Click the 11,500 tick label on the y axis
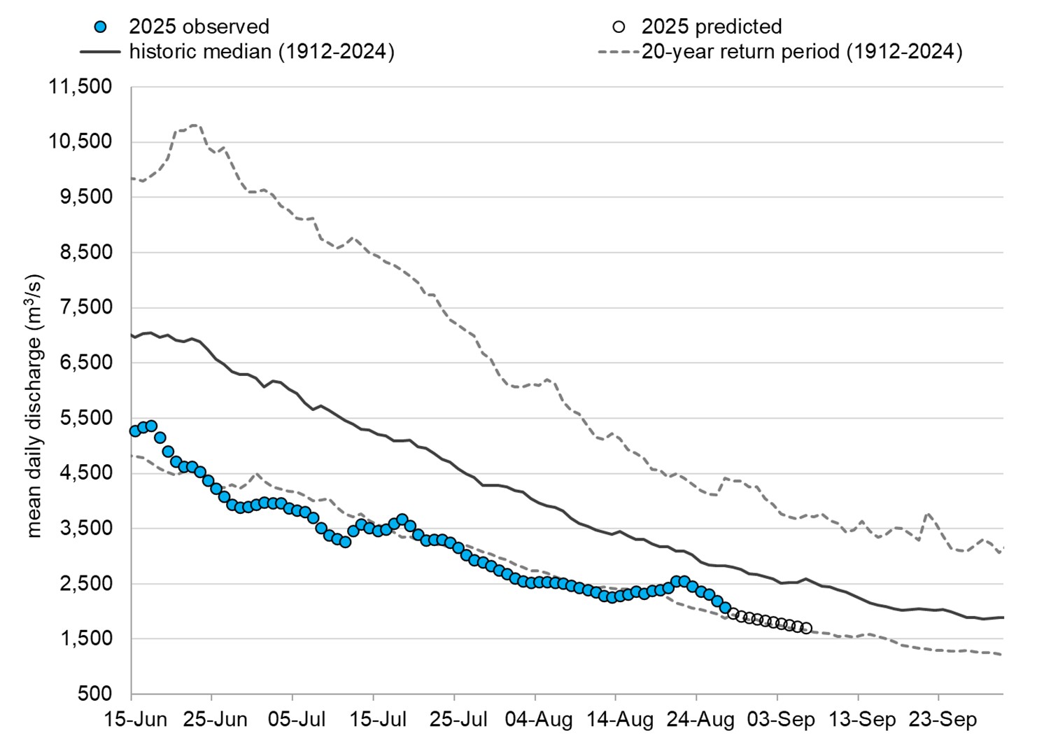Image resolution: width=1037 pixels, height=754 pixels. tap(80, 87)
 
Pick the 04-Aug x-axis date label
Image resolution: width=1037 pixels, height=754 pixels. tap(538, 720)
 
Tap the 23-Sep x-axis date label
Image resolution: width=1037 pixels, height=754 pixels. tap(942, 720)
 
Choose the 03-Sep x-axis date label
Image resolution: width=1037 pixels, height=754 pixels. tap(780, 720)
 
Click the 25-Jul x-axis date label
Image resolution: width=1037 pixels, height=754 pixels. tap(458, 720)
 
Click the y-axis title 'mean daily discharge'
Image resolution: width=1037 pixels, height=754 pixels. tap(35, 406)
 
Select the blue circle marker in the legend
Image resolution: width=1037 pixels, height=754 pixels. tap(101, 27)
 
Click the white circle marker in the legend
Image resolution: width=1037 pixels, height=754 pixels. tap(619, 27)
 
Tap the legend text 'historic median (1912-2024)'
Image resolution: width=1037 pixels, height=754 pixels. tap(262, 52)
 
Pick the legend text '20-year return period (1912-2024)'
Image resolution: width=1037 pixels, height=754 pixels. tap(802, 52)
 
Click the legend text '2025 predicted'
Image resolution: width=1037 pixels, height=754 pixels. tap(712, 27)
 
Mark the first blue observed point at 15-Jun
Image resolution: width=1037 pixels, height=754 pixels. tap(135, 431)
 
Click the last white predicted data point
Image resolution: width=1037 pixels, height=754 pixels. tap(807, 629)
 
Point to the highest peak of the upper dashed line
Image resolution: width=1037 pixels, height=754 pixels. tap(195, 125)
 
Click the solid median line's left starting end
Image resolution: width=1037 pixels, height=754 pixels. tap(132, 335)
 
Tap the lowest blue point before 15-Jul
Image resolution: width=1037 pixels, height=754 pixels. tap(345, 542)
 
